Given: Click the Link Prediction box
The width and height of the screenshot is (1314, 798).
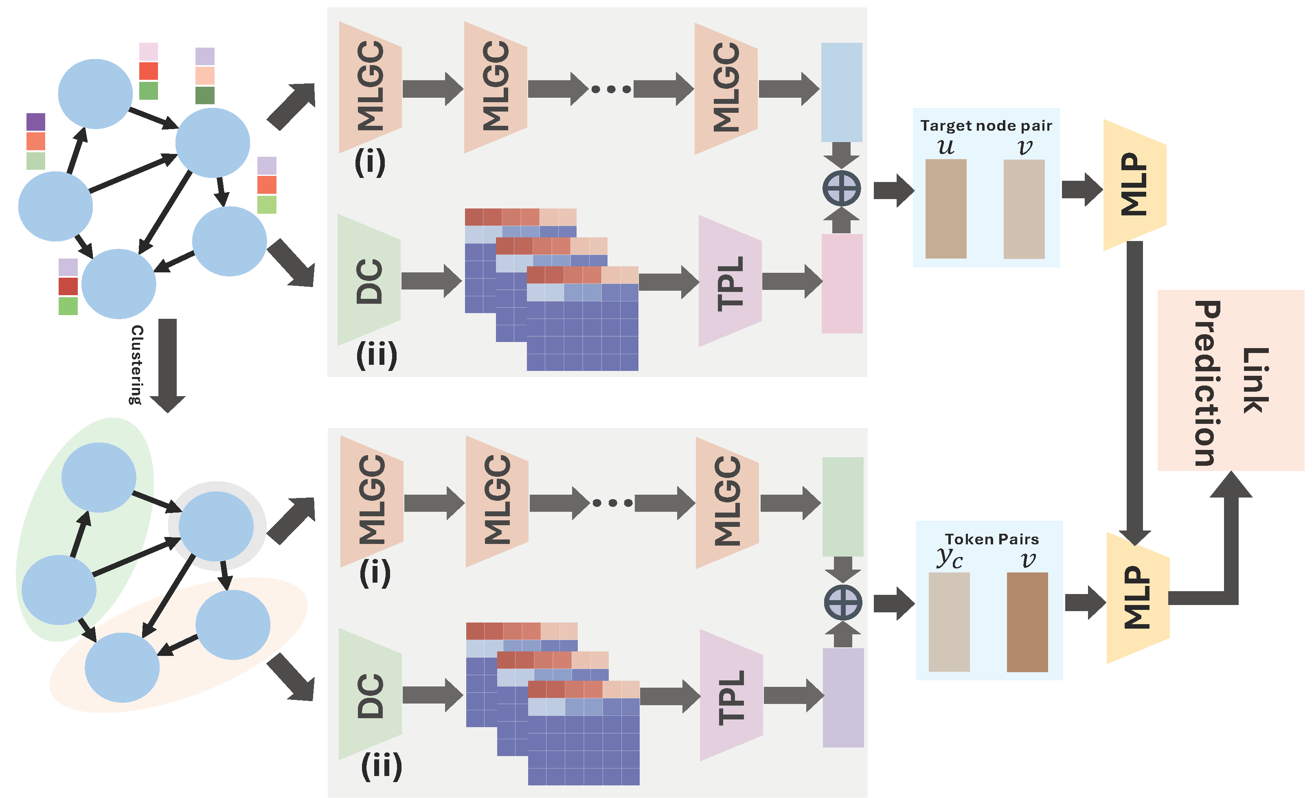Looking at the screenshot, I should coord(1230,380).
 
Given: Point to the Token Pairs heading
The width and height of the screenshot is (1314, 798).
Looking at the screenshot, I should coord(992,539).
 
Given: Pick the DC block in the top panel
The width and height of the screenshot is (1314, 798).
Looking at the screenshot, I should coord(369,281).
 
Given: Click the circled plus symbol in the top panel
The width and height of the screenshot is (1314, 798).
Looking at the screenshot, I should coord(842,189).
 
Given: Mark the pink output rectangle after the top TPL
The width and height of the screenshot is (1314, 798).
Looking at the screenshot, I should coord(842,284).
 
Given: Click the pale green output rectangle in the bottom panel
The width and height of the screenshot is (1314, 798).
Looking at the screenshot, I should coord(842,506).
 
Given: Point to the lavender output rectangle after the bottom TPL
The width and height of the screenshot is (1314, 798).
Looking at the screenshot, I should coord(843,697).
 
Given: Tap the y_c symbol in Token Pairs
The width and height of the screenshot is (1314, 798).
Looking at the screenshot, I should coord(949,558).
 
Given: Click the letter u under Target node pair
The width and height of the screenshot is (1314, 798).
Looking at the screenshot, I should coord(945,147).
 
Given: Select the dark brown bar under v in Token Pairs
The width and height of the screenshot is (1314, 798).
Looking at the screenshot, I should coord(1027,622).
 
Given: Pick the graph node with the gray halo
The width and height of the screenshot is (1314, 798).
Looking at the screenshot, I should coord(216,526).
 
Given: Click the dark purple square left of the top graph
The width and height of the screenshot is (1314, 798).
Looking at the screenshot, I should coord(36,122).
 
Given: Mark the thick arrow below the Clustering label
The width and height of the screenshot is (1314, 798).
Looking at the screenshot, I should coord(167,365).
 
